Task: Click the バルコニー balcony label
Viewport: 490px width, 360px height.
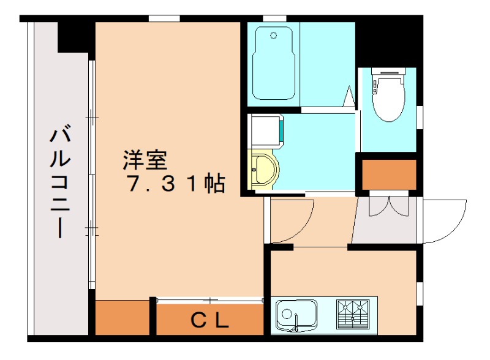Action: (x=60, y=181)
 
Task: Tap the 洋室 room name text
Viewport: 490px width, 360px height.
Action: (x=145, y=160)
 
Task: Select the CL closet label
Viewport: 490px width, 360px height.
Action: (x=210, y=320)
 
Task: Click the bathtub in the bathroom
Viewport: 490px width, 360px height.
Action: (x=274, y=63)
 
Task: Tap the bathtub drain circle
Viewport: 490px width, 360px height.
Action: (x=273, y=36)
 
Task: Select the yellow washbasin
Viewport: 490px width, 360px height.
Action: (x=263, y=169)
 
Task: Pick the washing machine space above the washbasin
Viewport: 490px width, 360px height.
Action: (x=266, y=130)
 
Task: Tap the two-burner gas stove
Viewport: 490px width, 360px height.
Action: (x=353, y=314)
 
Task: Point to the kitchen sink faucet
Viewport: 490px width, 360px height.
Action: (x=296, y=323)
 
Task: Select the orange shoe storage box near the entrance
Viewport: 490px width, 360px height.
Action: (x=389, y=174)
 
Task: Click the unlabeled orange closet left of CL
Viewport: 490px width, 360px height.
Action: (x=122, y=317)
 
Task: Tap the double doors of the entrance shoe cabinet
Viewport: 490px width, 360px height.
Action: (x=389, y=206)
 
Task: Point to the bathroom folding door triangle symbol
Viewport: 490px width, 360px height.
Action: (x=349, y=96)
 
